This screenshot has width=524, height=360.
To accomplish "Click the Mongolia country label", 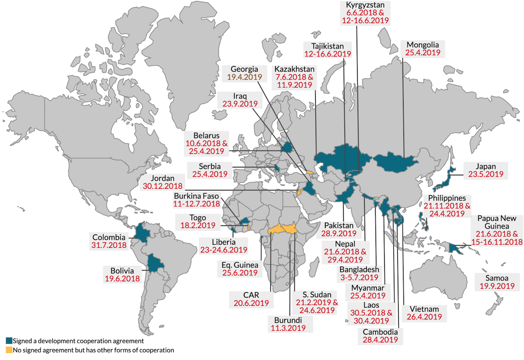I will click(x=422, y=45).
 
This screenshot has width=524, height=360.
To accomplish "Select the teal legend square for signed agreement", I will click(x=8, y=340).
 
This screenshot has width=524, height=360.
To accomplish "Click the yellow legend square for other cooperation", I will click(x=8, y=350).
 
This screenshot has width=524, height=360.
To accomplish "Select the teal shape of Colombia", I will click(x=142, y=232).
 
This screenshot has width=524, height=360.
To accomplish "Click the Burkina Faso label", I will click(x=196, y=196).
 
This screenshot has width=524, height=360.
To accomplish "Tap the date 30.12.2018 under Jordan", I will click(x=162, y=186).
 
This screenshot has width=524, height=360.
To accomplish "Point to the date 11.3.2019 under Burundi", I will click(x=288, y=328).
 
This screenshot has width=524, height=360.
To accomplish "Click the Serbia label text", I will click(x=210, y=166).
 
